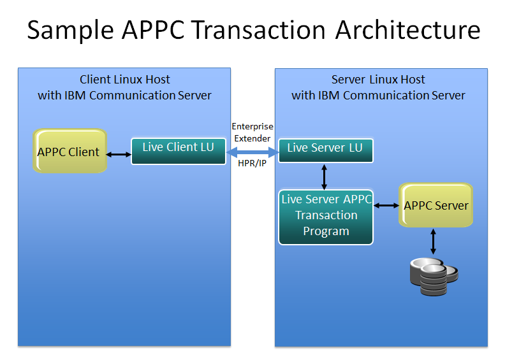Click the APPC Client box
(x=70, y=152)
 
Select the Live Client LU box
(x=179, y=151)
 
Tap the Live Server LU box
(x=325, y=150)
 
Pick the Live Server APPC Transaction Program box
(x=326, y=217)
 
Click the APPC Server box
(x=435, y=205)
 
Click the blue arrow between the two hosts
(x=252, y=152)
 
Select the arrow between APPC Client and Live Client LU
(x=118, y=154)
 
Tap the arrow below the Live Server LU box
(x=325, y=176)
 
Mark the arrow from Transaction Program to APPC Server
(x=386, y=205)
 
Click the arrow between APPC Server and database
(x=434, y=241)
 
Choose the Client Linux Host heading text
(x=125, y=80)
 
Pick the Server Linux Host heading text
(x=378, y=80)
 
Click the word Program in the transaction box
(x=326, y=231)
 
